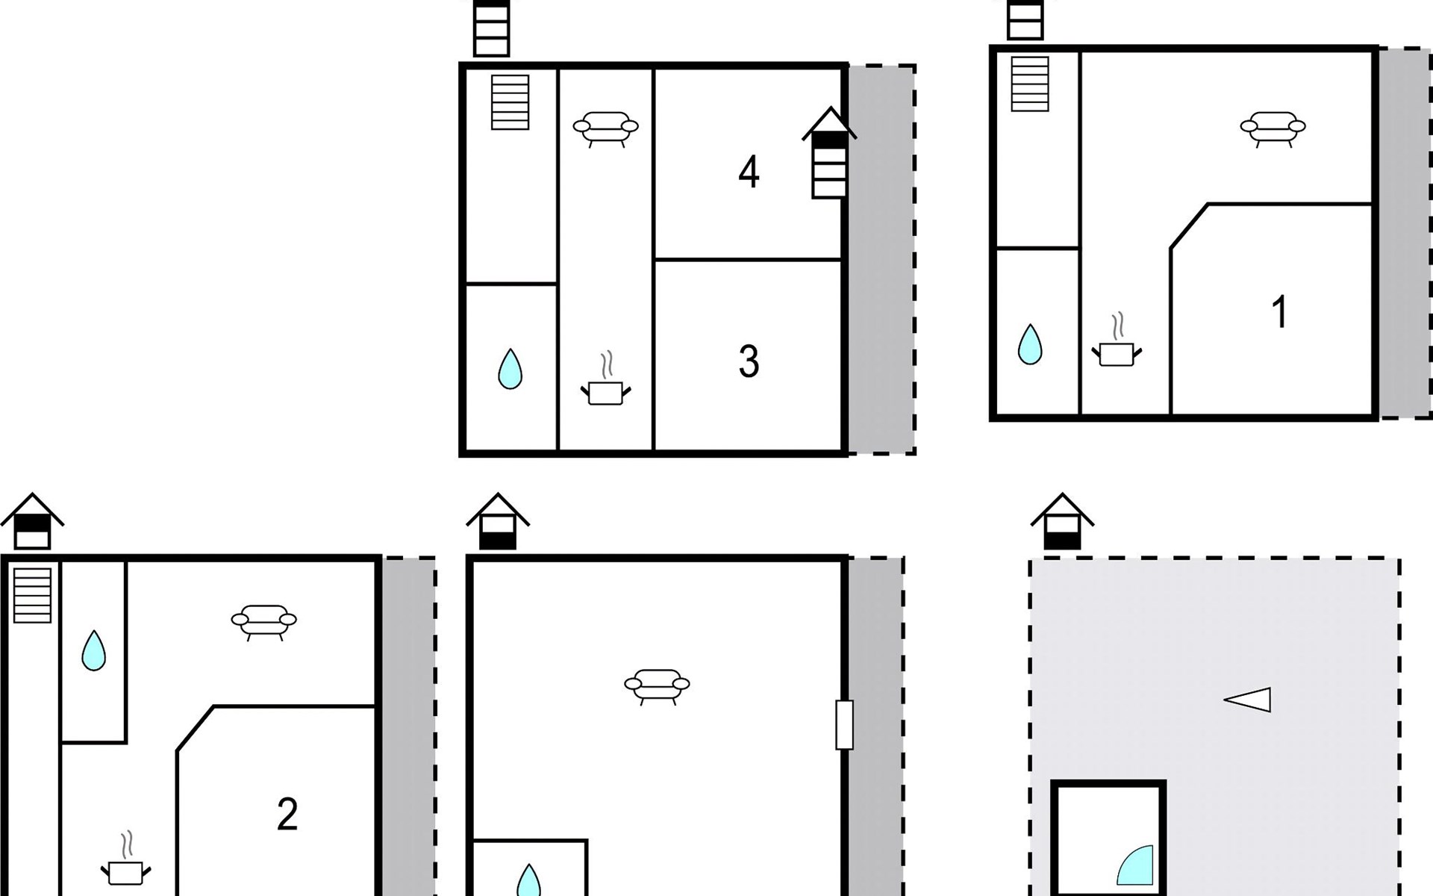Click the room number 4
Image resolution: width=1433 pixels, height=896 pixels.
(749, 172)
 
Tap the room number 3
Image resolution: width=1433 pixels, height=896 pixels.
(749, 361)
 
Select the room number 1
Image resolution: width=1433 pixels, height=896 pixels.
(1279, 312)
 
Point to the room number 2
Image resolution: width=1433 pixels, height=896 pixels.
(287, 814)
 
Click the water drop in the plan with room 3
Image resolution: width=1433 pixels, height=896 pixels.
(510, 369)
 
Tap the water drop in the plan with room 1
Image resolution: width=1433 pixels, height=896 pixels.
(1030, 344)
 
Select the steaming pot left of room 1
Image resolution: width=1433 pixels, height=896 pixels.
(1117, 340)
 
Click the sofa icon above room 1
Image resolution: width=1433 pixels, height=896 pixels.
(1273, 129)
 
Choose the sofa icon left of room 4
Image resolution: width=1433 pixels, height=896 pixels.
(605, 129)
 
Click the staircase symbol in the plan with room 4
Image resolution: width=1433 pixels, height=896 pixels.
(511, 102)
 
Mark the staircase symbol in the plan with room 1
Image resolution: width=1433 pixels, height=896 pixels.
(1030, 84)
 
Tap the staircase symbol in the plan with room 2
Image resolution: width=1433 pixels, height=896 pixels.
(32, 595)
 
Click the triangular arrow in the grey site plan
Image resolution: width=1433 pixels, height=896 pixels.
(1247, 700)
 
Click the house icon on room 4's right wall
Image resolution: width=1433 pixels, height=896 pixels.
(829, 153)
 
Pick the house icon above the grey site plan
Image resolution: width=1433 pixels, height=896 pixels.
(1062, 521)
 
